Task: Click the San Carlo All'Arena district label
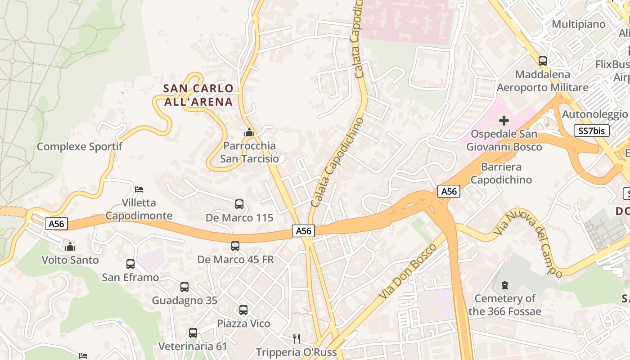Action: pyautogui.click(x=198, y=95)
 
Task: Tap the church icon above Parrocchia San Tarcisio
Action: pyautogui.click(x=249, y=133)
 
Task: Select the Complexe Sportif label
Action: pyautogui.click(x=80, y=147)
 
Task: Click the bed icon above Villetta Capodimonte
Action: pyautogui.click(x=139, y=189)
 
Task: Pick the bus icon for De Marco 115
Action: pyautogui.click(x=239, y=204)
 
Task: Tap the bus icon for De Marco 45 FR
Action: pyautogui.click(x=235, y=246)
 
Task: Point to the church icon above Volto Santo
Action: pyautogui.click(x=70, y=247)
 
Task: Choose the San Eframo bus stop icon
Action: pyautogui.click(x=130, y=264)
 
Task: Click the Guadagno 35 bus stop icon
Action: pyautogui.click(x=184, y=287)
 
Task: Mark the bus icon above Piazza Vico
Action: pyautogui.click(x=243, y=310)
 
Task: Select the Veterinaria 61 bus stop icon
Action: pyautogui.click(x=193, y=333)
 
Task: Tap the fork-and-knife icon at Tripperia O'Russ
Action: pyautogui.click(x=296, y=338)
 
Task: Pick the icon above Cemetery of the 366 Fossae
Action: pyautogui.click(x=505, y=285)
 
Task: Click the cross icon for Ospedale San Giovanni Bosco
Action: pyautogui.click(x=504, y=121)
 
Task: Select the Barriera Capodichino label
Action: pyautogui.click(x=501, y=173)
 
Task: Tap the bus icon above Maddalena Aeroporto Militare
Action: pyautogui.click(x=543, y=61)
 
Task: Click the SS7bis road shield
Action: pyautogui.click(x=592, y=131)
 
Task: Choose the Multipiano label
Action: pyautogui.click(x=579, y=24)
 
